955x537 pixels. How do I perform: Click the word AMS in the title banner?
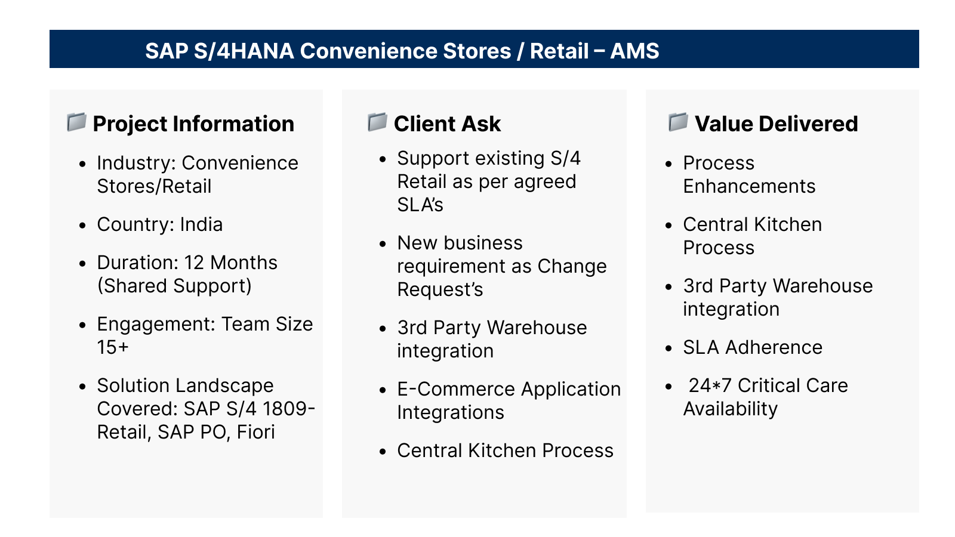click(x=634, y=51)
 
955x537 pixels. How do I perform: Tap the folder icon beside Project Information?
click(x=77, y=122)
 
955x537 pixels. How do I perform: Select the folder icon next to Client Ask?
click(x=377, y=122)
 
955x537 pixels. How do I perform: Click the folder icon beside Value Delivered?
click(x=678, y=122)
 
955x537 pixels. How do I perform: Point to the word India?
click(x=201, y=224)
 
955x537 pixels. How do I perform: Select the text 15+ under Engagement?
click(x=113, y=347)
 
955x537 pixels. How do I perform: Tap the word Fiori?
click(x=256, y=432)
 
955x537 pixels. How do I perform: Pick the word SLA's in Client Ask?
click(x=420, y=205)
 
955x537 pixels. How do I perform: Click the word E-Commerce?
click(x=456, y=389)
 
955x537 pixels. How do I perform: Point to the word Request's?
click(x=440, y=289)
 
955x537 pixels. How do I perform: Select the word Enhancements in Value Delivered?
click(x=749, y=186)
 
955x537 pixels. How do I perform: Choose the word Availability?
click(x=731, y=409)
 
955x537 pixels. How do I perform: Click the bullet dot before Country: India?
click(x=82, y=225)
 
